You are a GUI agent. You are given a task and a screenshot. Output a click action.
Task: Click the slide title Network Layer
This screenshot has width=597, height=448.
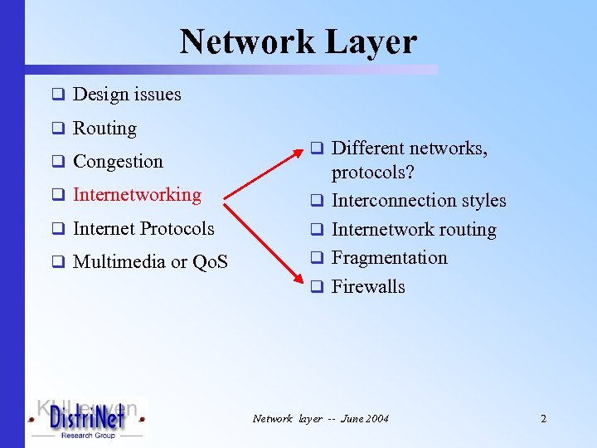tap(298, 41)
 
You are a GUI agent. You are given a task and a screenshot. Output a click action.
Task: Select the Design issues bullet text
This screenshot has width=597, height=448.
tap(127, 95)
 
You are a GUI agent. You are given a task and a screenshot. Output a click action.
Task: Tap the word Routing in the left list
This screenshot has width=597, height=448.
tap(104, 129)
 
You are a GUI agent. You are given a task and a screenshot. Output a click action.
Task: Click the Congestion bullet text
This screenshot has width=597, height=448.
tap(118, 162)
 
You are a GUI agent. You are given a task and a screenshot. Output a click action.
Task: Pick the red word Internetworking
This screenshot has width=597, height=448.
tap(137, 195)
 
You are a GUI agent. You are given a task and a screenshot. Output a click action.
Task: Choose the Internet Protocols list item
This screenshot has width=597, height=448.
tap(143, 228)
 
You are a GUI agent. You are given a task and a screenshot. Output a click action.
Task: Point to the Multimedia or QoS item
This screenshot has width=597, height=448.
tap(150, 262)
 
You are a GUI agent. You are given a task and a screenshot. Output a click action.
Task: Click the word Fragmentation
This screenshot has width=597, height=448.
tap(389, 258)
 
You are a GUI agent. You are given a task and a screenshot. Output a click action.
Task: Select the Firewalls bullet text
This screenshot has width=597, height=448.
tap(368, 287)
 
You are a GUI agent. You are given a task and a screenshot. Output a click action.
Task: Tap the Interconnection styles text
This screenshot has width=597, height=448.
tap(418, 201)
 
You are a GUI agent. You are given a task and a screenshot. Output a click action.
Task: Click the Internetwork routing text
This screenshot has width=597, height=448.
tap(414, 230)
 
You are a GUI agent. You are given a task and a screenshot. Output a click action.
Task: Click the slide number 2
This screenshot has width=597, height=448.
tap(543, 419)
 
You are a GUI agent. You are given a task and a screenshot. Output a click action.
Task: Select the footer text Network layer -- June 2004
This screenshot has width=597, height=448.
tap(320, 419)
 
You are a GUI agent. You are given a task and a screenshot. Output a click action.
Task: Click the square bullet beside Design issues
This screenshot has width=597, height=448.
tap(58, 95)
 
